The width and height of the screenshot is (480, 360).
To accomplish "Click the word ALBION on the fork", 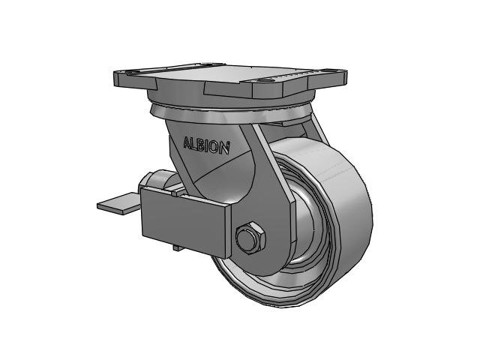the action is point(206,145).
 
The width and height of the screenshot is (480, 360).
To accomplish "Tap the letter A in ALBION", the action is point(187,142).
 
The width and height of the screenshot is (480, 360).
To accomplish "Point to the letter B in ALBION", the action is point(202,145).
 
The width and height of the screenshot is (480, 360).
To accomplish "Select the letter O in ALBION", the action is point(215,147).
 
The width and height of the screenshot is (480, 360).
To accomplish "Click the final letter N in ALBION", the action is point(225,148).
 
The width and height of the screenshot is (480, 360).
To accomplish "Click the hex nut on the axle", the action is point(250,237).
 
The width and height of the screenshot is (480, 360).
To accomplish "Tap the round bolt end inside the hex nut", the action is point(247,238).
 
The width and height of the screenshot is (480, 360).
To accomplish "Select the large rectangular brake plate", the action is point(184,222).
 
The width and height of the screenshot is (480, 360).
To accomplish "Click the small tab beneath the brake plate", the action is point(178,248).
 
